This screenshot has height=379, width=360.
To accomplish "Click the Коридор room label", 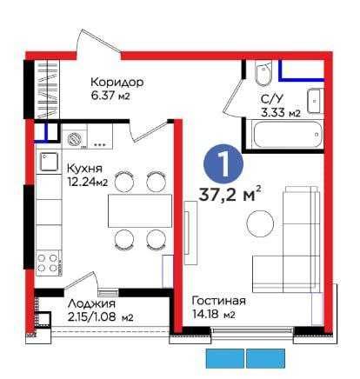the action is pyautogui.click(x=117, y=83).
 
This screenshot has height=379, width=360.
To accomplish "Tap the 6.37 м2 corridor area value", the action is pyautogui.click(x=110, y=96).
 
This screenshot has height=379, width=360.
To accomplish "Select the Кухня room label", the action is pyautogui.click(x=84, y=169).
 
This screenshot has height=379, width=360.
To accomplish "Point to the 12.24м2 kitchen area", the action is pyautogui.click(x=88, y=182).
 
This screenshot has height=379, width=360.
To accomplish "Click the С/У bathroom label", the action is pyautogui.click(x=271, y=99).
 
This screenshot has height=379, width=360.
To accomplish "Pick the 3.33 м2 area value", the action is pyautogui.click(x=280, y=112).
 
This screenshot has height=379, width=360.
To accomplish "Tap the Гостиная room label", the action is pyautogui.click(x=219, y=301).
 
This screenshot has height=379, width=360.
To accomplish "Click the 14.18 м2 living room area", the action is pyautogui.click(x=214, y=314).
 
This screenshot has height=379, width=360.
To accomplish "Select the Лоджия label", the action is pyautogui.click(x=91, y=304).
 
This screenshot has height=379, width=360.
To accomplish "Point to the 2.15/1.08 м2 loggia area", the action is pyautogui.click(x=100, y=317).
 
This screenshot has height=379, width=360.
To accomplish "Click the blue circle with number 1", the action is pyautogui.click(x=223, y=163).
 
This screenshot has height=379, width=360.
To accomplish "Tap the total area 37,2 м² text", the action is pyautogui.click(x=230, y=193).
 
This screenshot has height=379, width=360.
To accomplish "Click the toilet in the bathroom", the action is pyautogui.click(x=263, y=74).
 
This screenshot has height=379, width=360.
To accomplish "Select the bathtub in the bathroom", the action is pyautogui.click(x=288, y=135).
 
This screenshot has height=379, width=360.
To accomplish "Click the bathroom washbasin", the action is pyautogui.click(x=314, y=101).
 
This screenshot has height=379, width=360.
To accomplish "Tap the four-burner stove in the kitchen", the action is pyautogui.click(x=49, y=263).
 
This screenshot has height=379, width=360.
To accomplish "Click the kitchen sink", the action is pyautogui.click(x=49, y=162).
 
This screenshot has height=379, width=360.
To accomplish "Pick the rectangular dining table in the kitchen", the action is pyautogui.click(x=140, y=210).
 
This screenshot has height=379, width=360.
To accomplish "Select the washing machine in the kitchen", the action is pyautogui.click(x=75, y=137).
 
